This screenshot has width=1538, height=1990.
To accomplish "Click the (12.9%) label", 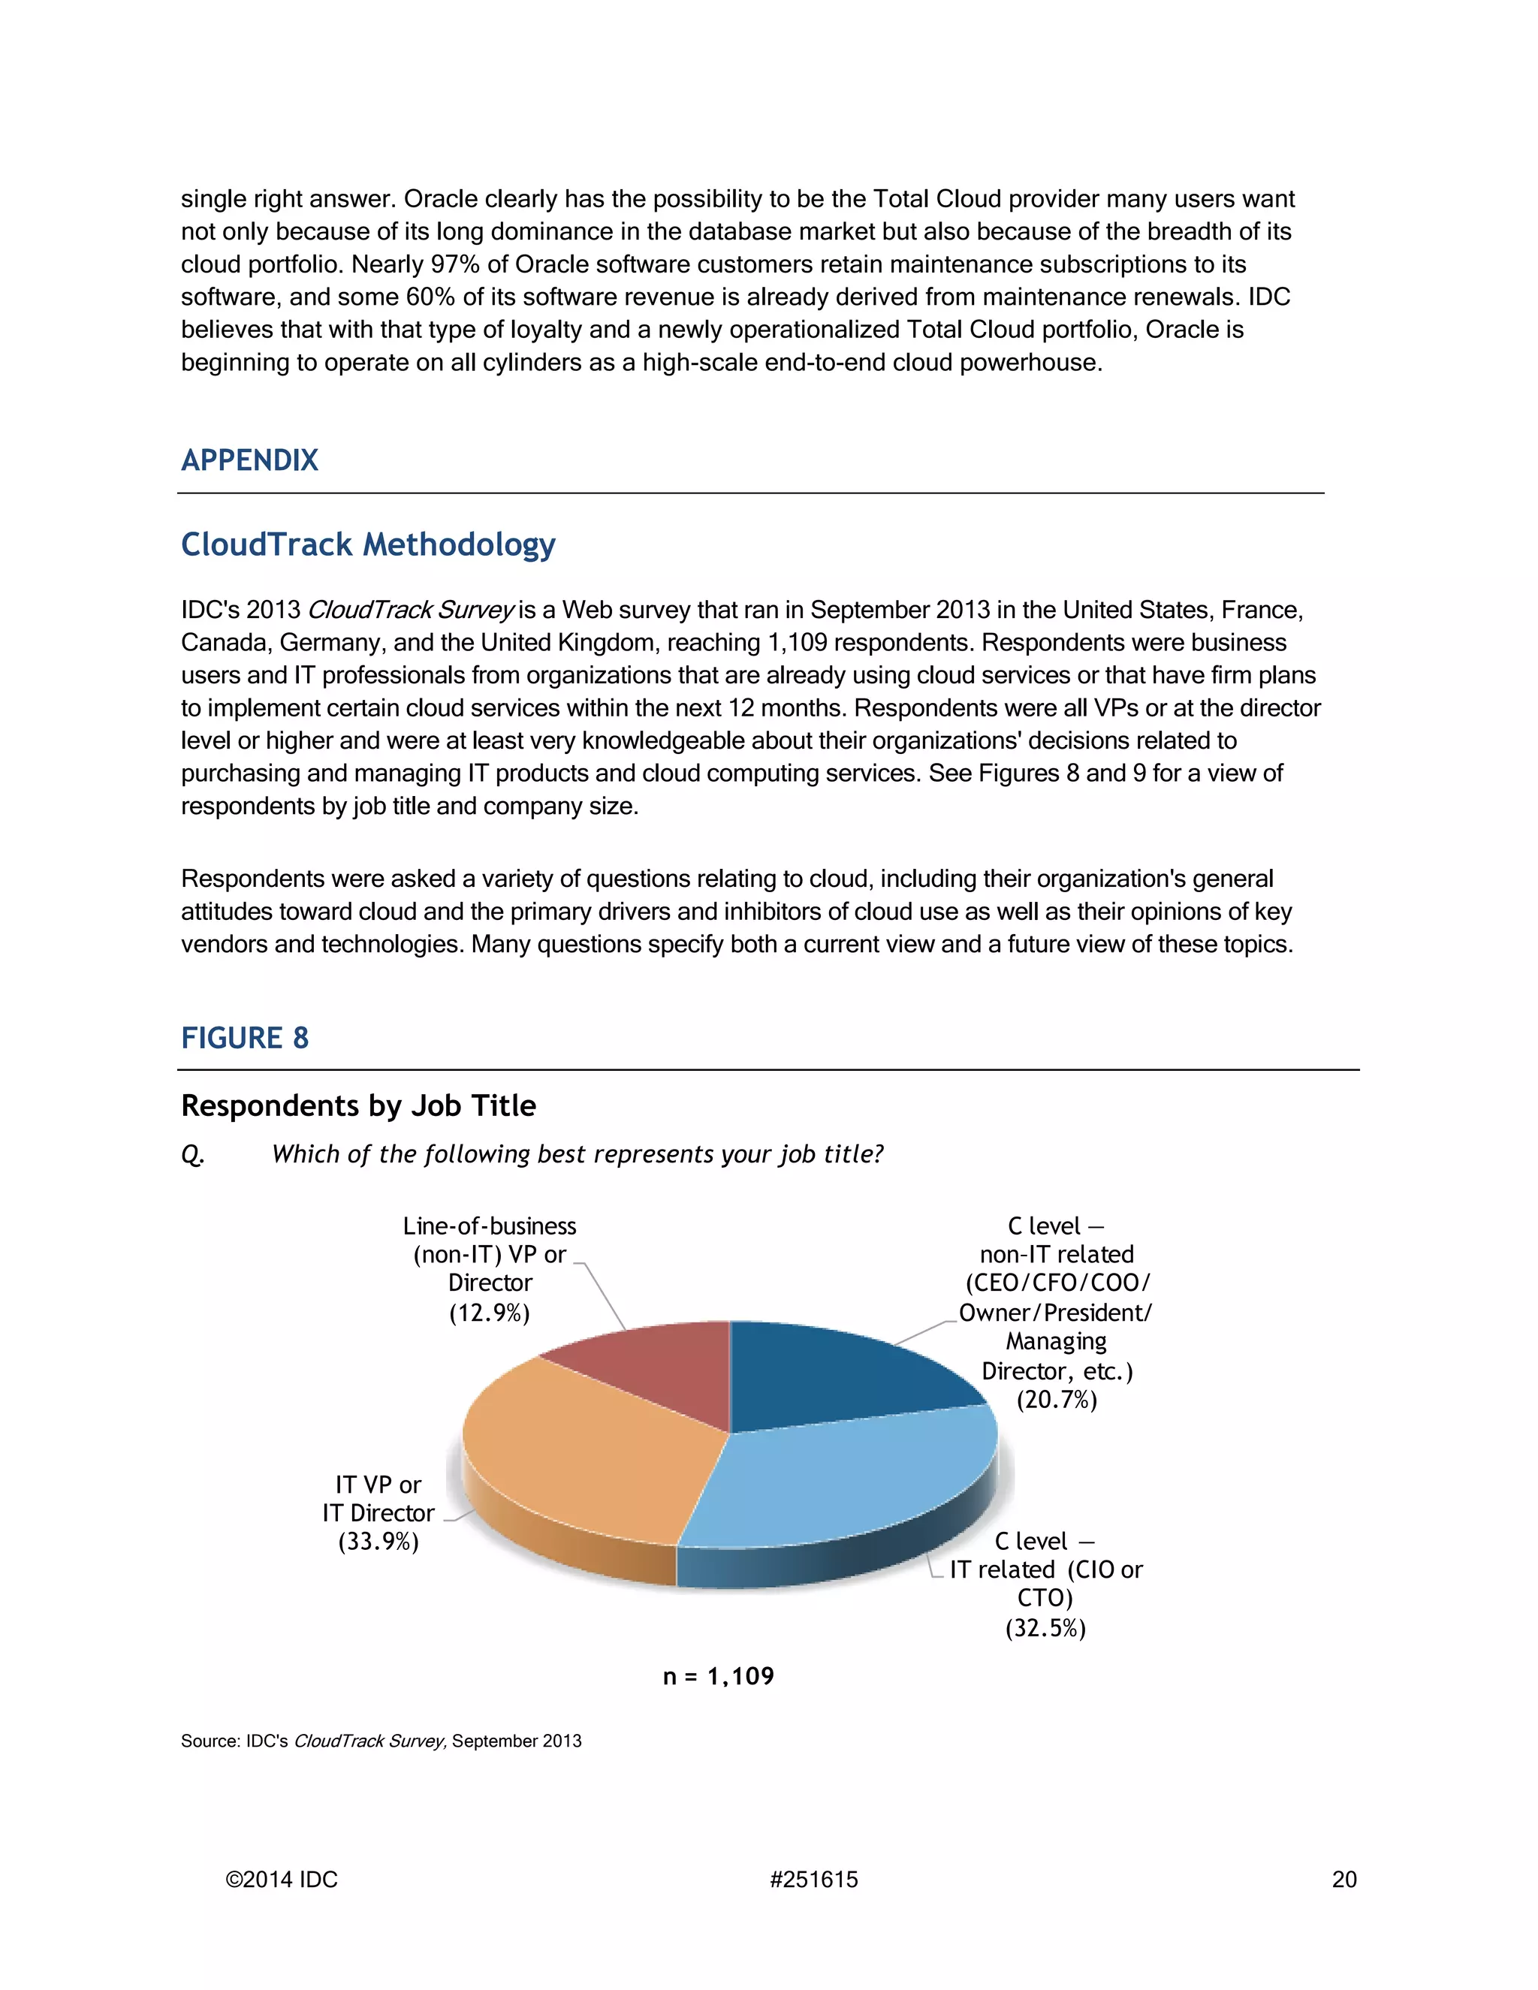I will click(x=490, y=1313).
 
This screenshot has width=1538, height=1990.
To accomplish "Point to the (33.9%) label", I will click(x=378, y=1542).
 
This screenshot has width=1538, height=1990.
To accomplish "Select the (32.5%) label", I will click(x=1045, y=1628).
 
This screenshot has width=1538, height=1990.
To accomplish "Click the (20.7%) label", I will click(x=1056, y=1400).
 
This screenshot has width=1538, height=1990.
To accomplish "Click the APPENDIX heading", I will click(x=249, y=460).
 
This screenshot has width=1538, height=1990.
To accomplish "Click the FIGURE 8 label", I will click(x=244, y=1038).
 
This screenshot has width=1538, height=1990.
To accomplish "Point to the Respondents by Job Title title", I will click(x=358, y=1105).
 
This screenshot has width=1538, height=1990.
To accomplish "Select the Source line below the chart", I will click(x=381, y=1741).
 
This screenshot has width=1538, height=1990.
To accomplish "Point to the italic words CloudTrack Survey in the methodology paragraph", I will click(x=411, y=610).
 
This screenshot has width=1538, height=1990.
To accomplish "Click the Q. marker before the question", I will click(x=192, y=1154).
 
